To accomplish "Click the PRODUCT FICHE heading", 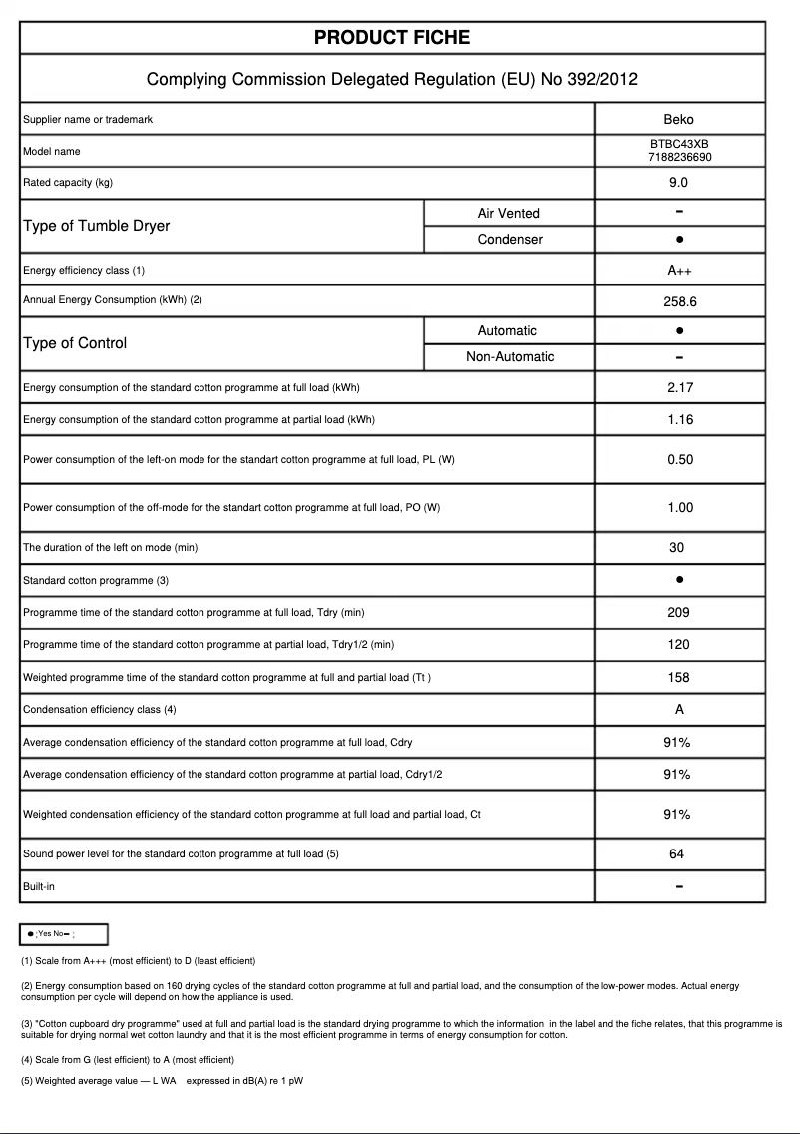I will tap(392, 38).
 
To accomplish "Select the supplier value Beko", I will tap(678, 120).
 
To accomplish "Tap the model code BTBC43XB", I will tap(678, 145).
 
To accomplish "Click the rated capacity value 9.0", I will tap(678, 183).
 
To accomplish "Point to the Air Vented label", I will tap(508, 213).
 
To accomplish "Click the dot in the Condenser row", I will tap(678, 240).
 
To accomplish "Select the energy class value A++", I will tap(678, 271).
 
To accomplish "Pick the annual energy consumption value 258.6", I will tap(678, 300).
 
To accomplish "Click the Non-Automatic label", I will tap(510, 357).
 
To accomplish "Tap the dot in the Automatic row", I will tap(678, 330).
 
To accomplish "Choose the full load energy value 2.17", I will tap(679, 387).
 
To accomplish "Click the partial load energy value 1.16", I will tap(679, 419).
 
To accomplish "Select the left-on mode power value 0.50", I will tap(679, 460).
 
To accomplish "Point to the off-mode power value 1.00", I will tap(679, 508).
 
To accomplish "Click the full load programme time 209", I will tap(678, 612).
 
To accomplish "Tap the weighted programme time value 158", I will tap(678, 678).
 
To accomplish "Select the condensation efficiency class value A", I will tap(678, 710).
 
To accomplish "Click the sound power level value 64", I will tap(678, 854).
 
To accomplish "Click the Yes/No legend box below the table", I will tap(64, 934).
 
